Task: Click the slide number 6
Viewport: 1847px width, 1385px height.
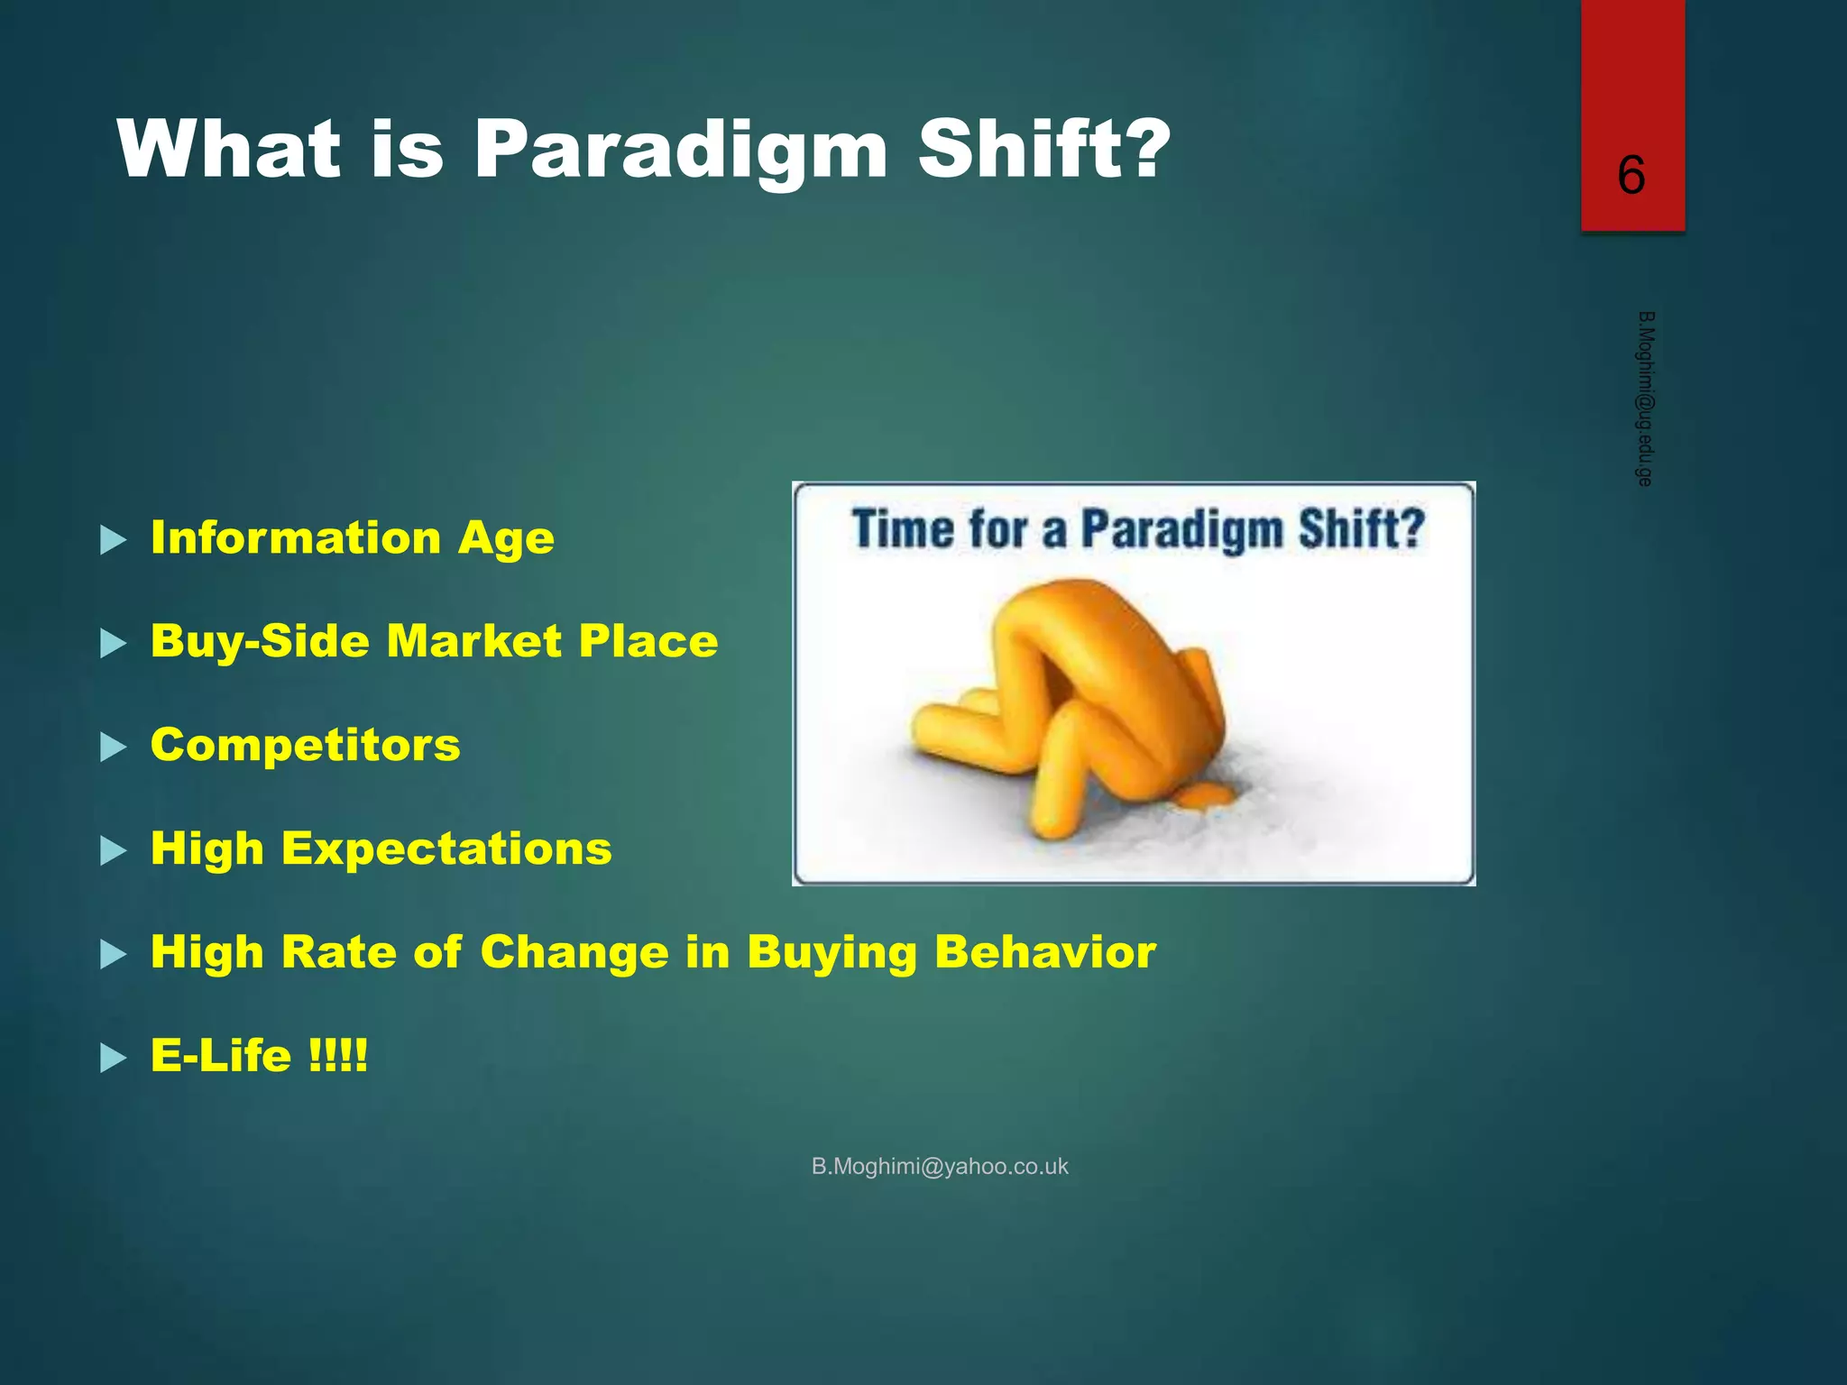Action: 1631,175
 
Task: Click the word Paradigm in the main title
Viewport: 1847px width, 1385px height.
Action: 681,151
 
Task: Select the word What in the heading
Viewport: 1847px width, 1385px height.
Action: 229,149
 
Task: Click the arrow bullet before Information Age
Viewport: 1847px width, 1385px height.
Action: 113,540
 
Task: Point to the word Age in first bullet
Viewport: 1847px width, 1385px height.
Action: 505,540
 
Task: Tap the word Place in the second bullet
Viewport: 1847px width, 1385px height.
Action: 648,641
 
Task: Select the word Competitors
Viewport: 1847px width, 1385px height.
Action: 305,745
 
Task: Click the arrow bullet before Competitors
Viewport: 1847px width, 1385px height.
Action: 113,748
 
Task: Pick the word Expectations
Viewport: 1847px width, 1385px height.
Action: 446,848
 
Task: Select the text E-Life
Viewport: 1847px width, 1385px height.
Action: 220,1056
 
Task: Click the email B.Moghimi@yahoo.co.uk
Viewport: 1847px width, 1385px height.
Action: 939,1166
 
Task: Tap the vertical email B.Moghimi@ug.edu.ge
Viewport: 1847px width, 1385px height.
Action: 1644,399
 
